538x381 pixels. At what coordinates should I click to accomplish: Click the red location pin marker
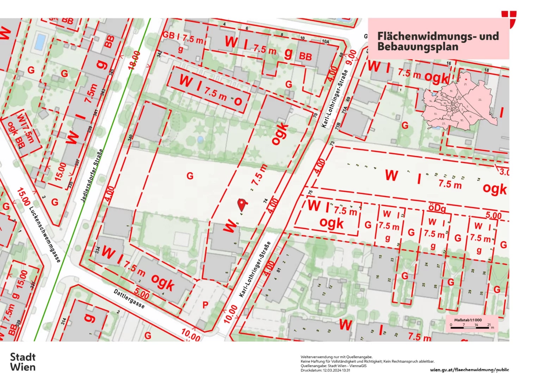pos(241,204)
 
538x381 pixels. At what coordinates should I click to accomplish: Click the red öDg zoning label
pos(437,208)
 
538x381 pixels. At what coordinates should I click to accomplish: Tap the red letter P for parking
pos(205,305)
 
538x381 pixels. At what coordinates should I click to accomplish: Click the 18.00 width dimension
pos(135,60)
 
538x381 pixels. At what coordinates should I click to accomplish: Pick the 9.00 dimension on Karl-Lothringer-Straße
pos(351,57)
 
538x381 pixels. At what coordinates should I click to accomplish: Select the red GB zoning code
pos(168,35)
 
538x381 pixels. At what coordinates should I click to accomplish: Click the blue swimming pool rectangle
pos(40,42)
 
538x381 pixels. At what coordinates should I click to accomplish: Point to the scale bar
pos(470,328)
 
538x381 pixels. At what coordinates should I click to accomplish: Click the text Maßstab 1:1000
pos(468,320)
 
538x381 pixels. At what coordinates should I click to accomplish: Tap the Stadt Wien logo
pos(23,362)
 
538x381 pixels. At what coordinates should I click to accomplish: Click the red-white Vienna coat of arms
pos(509,19)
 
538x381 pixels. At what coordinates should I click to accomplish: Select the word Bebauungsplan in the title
pos(408,47)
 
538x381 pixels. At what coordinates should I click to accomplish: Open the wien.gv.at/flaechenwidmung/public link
pos(469,370)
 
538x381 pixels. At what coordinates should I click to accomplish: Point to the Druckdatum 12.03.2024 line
pos(325,370)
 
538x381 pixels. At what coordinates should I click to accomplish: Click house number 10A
pos(325,41)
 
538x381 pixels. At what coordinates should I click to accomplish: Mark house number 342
pos(160,54)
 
